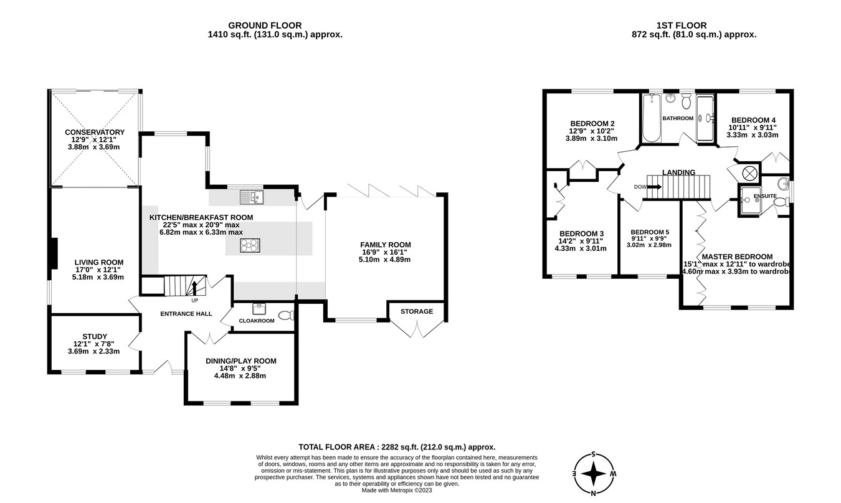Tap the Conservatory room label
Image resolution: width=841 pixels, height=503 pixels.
[95, 132]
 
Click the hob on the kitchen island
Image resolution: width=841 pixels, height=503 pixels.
[249, 246]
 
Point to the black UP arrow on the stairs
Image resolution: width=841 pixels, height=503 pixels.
[194, 288]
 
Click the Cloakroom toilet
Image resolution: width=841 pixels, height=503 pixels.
[286, 316]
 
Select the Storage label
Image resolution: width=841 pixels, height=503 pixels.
[416, 311]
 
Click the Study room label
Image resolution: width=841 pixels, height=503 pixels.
[95, 336]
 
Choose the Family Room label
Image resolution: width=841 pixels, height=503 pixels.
[386, 245]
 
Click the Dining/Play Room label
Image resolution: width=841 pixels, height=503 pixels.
[240, 361]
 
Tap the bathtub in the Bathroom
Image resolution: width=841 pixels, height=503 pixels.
[649, 118]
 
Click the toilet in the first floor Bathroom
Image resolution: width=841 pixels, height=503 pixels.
[686, 101]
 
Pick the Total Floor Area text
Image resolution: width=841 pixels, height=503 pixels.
[397, 446]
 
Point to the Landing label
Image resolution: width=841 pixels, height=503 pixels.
[678, 172]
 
